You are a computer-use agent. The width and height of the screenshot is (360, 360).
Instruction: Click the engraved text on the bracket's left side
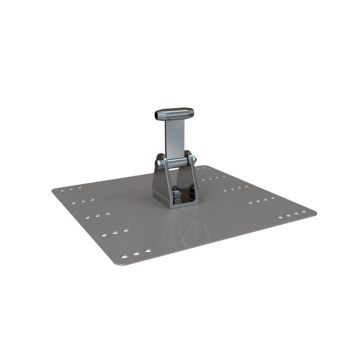(159, 192)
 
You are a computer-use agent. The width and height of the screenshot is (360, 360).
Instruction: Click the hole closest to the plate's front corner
(124, 256)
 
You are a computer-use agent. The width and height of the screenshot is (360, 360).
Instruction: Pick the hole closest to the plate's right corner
(304, 211)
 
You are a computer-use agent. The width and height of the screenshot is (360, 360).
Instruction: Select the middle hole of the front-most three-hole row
(136, 254)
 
